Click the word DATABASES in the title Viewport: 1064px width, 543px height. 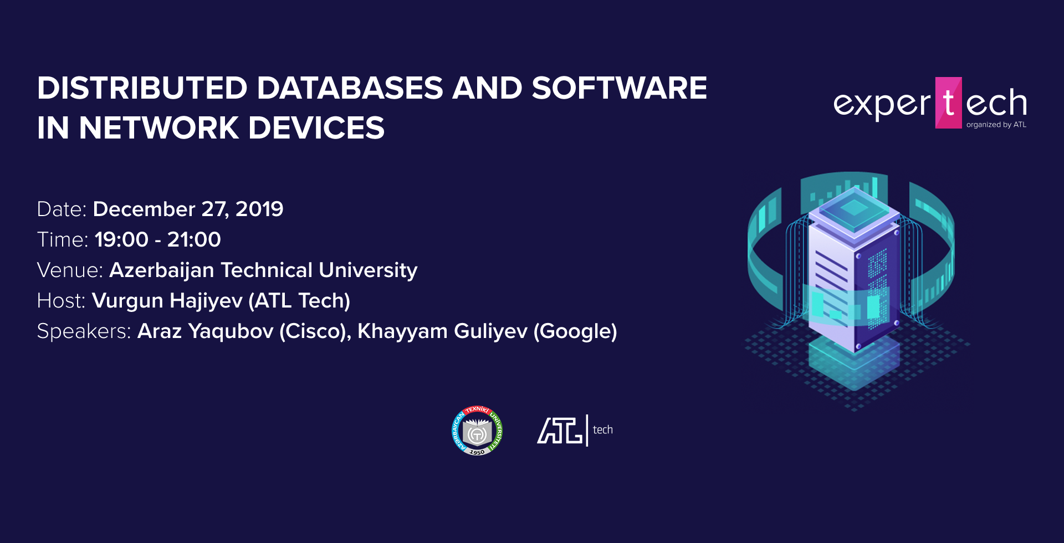[x=350, y=88]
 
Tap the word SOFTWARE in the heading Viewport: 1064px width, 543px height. [x=619, y=88]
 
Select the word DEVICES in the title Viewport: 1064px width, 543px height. [x=316, y=128]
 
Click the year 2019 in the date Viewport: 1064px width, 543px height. [x=259, y=209]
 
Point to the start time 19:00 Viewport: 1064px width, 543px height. [x=121, y=239]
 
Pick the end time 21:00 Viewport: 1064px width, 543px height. [x=194, y=239]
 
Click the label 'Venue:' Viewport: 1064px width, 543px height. [x=70, y=270]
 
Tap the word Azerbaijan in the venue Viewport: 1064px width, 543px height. [x=162, y=270]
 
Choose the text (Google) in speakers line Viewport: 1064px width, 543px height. [x=575, y=331]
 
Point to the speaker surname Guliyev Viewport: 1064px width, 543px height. [x=490, y=331]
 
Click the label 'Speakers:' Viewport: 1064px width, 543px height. [x=84, y=331]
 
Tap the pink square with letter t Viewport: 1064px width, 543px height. [x=949, y=103]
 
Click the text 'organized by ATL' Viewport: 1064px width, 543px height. [x=996, y=125]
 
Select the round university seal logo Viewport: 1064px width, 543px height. [x=477, y=431]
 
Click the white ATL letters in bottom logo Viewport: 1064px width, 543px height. [x=560, y=431]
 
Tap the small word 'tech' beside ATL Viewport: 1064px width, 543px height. [x=603, y=429]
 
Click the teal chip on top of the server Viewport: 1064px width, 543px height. [x=854, y=208]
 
